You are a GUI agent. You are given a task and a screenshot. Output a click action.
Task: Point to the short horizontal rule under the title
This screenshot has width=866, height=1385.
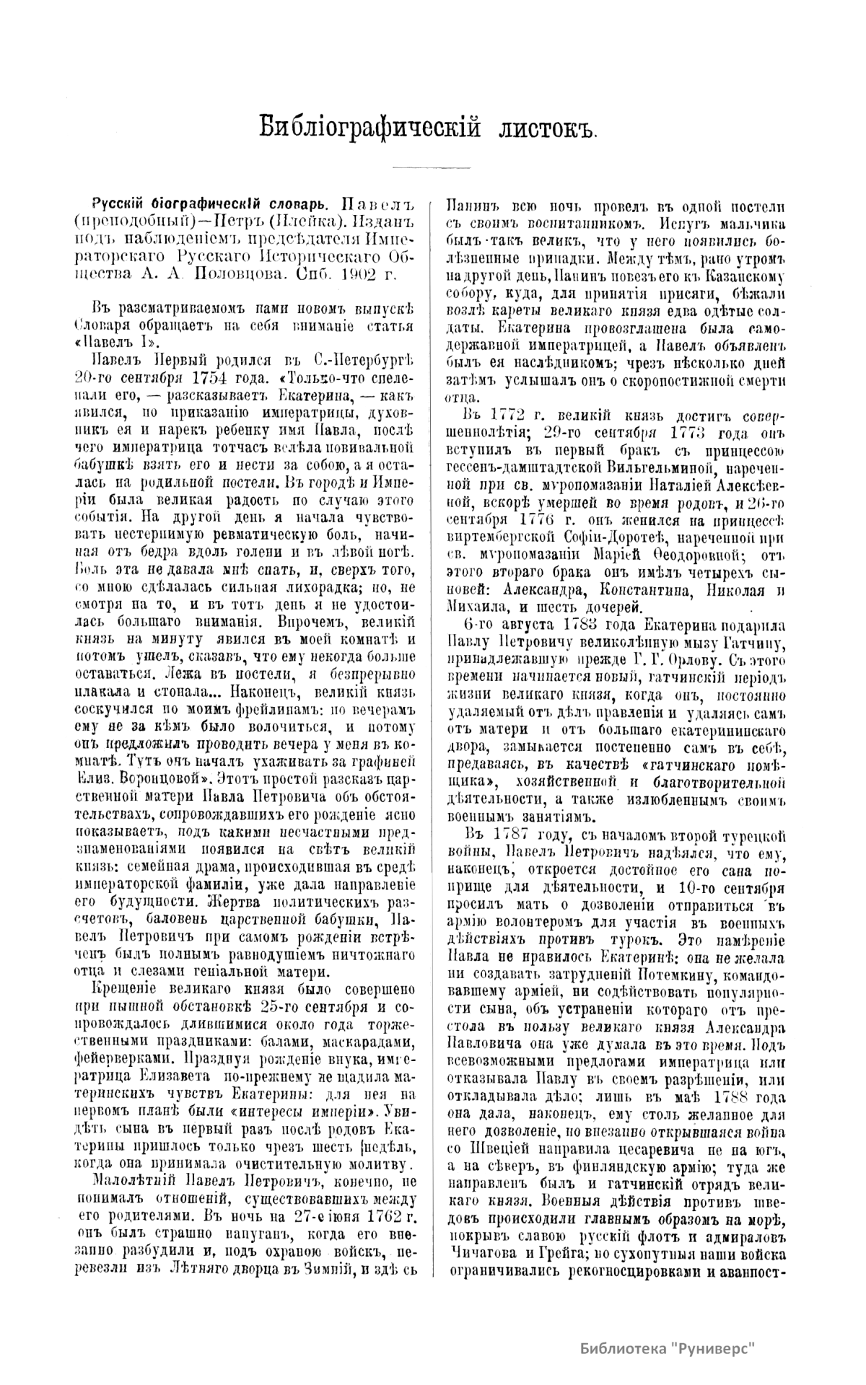tap(431, 168)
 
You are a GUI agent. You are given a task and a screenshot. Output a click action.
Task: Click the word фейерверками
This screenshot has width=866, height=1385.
tap(125, 1042)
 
